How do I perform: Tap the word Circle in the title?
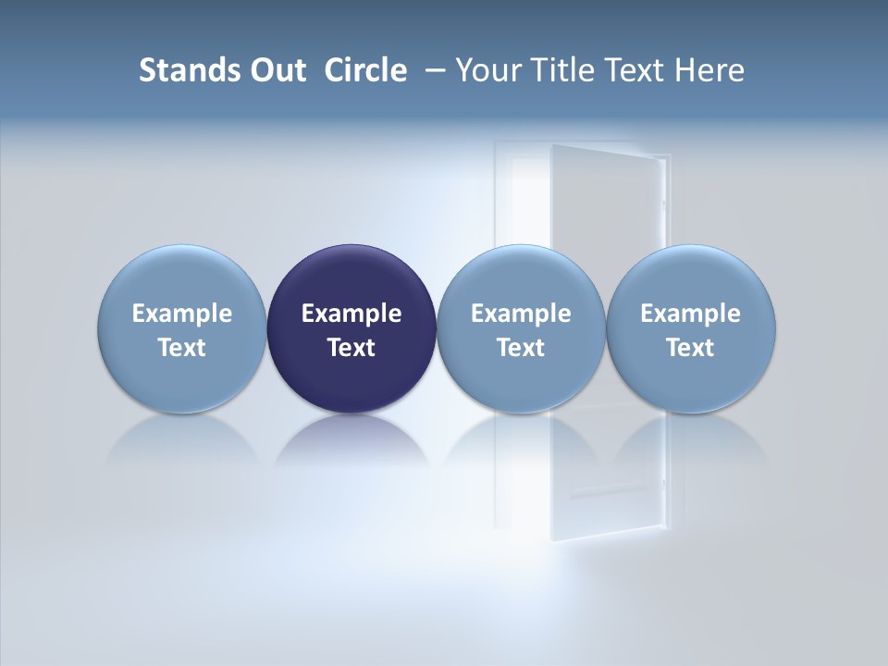coord(365,70)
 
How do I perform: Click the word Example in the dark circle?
coord(351,314)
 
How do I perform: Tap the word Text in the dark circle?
coord(351,348)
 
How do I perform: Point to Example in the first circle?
coord(181,314)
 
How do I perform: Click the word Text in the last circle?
coord(690,348)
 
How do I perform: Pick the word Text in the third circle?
coord(521,348)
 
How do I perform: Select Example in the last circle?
coord(690,314)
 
